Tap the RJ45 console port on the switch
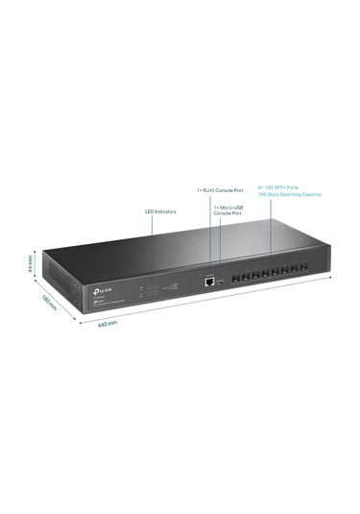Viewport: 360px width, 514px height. (208, 282)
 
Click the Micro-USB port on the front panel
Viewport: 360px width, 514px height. (222, 282)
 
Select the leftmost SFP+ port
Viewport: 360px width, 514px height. (234, 282)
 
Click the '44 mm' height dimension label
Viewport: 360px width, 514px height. (31, 262)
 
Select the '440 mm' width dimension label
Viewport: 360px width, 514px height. (106, 323)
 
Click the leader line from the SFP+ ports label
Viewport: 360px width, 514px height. (272, 235)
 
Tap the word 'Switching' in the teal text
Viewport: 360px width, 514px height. (298, 195)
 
